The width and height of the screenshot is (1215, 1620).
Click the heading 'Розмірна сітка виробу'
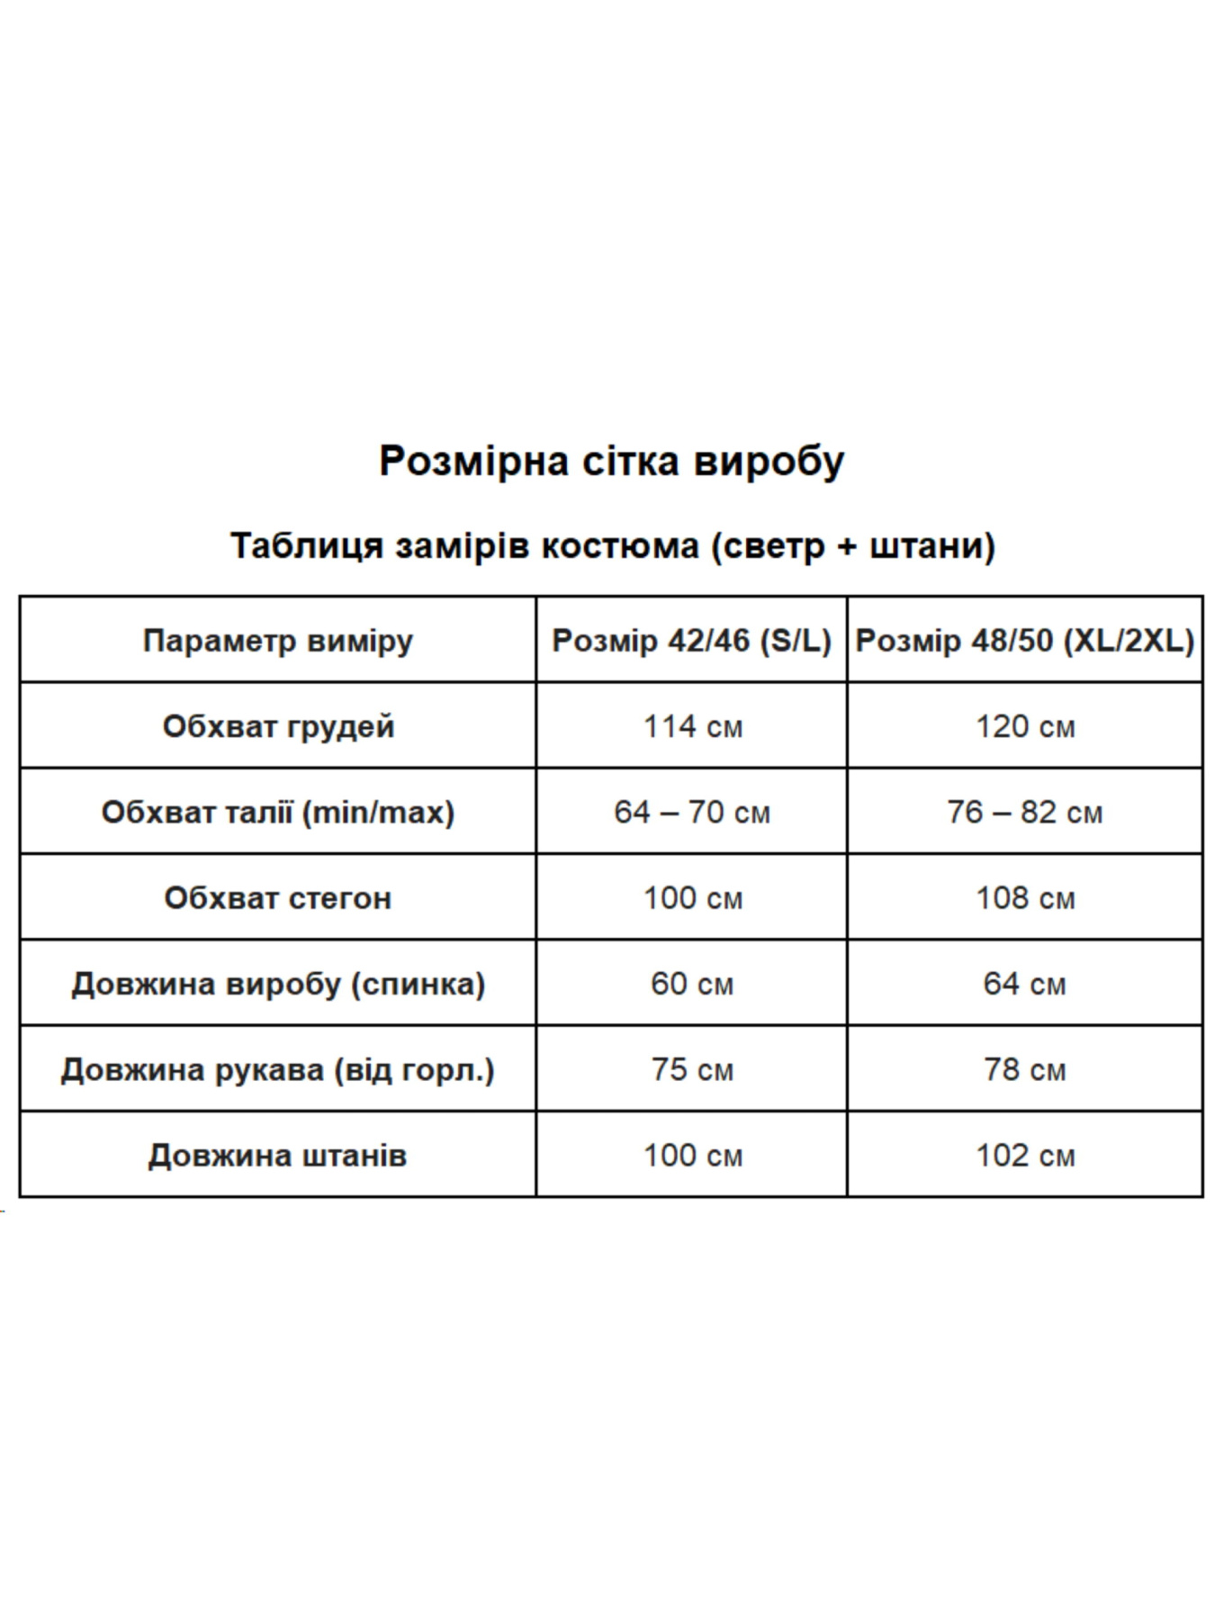coord(611,462)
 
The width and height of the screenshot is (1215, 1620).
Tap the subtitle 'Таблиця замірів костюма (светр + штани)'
coord(612,546)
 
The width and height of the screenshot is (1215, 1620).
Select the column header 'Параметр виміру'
coord(277,641)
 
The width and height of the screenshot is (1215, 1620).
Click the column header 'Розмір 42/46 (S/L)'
coord(691,641)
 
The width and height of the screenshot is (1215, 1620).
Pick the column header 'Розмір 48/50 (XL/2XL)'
coord(1024,641)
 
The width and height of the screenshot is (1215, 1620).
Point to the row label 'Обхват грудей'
coord(277,726)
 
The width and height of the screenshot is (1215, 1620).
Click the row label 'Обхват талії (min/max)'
coord(277,812)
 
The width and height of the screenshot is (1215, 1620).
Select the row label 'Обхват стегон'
coord(277,897)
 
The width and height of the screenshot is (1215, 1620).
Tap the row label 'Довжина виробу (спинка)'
coord(277,984)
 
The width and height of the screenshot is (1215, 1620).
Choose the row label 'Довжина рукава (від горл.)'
coord(277,1070)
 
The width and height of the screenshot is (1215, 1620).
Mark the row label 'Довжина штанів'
coord(277,1156)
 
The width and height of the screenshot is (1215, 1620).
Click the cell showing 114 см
coord(692,726)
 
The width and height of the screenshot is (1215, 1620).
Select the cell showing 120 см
coord(1025,726)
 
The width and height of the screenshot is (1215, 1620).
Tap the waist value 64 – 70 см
coord(692,812)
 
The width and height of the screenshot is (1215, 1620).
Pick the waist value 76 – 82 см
coord(1025,812)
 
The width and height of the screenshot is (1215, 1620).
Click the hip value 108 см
coord(1025,897)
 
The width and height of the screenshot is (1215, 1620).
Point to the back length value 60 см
coord(692,984)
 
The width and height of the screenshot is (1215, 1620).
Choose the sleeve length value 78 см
coord(1025,1070)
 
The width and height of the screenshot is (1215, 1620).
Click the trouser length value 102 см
coord(1025,1156)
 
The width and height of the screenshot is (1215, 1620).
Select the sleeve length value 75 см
coord(692,1070)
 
